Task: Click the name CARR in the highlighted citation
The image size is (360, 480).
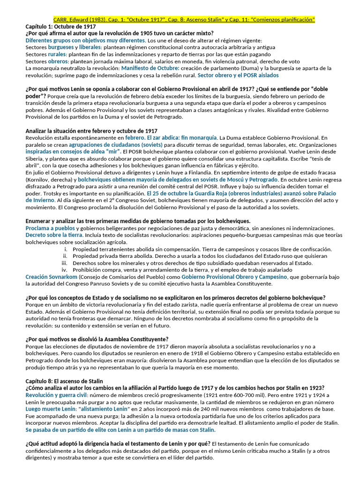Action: [x=62, y=19]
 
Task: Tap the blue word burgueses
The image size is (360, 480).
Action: [x=61, y=47]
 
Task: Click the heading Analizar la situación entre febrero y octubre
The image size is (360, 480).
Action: [x=91, y=131]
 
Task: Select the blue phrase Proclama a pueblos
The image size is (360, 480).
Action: [x=50, y=228]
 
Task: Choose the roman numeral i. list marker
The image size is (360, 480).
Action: [x=66, y=249]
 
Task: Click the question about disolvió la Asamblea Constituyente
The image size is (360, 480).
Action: [x=97, y=339]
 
